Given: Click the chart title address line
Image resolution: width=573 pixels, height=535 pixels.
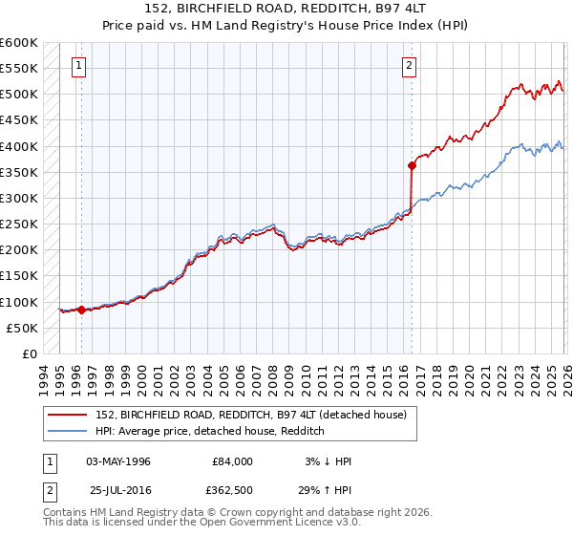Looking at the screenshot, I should (286, 9).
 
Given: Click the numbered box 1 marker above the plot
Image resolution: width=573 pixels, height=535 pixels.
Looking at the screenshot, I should (78, 66).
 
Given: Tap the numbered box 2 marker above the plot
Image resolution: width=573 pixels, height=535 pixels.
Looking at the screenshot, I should (409, 66).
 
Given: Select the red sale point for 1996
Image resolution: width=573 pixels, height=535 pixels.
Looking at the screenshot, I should (82, 310).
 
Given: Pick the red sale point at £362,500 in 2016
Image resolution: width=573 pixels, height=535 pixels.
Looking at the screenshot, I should (412, 165).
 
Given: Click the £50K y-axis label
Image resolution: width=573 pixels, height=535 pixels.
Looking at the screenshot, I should (22, 328).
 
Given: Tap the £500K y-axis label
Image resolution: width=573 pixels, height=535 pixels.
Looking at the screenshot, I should (19, 95).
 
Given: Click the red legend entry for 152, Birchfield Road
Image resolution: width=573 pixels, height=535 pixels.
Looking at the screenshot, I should (250, 414).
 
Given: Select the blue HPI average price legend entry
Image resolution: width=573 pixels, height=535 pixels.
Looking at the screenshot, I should (209, 431).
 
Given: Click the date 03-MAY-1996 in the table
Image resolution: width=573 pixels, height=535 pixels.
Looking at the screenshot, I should (118, 461).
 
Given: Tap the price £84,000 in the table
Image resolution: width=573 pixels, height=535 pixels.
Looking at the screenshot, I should (233, 461).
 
